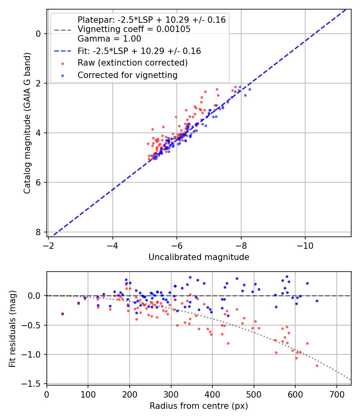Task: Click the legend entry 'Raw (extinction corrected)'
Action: tap(132, 63)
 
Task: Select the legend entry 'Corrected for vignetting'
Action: tap(127, 75)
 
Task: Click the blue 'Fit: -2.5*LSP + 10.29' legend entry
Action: tap(139, 51)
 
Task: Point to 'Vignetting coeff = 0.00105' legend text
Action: tap(134, 29)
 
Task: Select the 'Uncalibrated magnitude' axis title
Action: tap(199, 257)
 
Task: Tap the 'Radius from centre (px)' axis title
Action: tap(199, 406)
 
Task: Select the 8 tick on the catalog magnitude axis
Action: tap(38, 232)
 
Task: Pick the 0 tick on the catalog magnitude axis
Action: tap(38, 34)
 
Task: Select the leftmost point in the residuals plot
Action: tap(62, 314)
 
